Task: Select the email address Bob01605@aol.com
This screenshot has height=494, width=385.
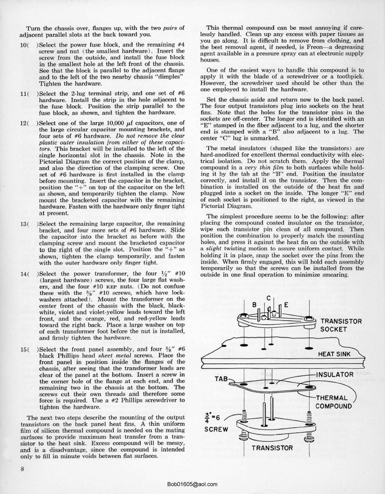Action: coord(192,485)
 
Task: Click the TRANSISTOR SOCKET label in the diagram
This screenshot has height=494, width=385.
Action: coord(341,325)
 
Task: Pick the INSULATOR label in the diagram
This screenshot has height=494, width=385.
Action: coord(335,374)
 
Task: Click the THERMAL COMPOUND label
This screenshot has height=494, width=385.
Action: coord(333,402)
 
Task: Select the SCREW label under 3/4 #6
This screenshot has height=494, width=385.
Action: coord(216,429)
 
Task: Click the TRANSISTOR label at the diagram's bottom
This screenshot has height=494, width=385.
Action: coord(272,448)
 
